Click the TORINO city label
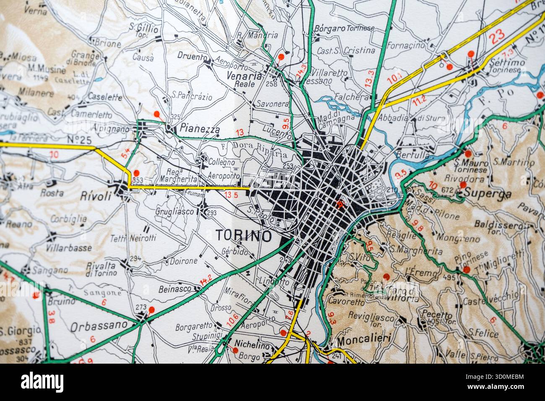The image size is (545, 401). point(243,236)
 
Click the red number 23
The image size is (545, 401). point(498,36)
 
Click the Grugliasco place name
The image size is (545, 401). point(175,211)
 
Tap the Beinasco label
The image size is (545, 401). point(175,289)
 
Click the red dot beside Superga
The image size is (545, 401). point(463,185)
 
